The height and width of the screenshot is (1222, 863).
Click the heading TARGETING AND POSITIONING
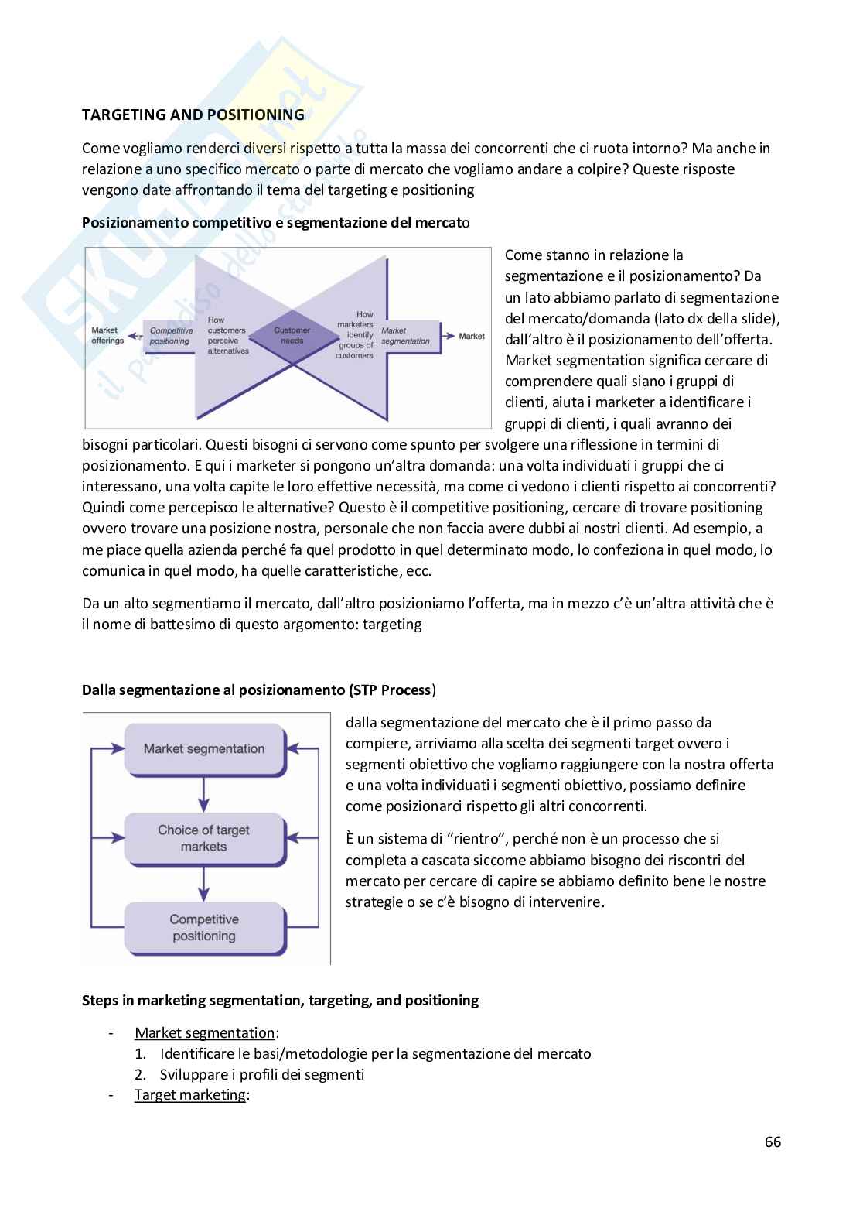click(x=193, y=115)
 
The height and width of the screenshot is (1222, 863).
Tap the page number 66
click(x=773, y=1142)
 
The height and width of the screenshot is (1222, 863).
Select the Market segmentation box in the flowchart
click(x=204, y=749)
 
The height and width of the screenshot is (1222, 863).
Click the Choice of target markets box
click(x=204, y=838)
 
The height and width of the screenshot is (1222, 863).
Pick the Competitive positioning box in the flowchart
click(x=204, y=927)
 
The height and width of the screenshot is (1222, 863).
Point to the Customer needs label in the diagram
click(x=292, y=335)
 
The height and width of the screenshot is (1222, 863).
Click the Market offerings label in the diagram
click(x=107, y=335)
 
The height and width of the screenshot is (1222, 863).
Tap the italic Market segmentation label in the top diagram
click(x=405, y=335)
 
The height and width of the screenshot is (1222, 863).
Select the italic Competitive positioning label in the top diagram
click(x=170, y=335)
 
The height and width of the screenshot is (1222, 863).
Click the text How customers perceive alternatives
click(x=228, y=335)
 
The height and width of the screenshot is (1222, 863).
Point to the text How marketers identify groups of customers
click(x=355, y=335)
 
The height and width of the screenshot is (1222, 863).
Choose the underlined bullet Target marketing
click(x=189, y=1095)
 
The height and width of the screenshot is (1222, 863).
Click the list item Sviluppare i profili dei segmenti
click(x=261, y=1074)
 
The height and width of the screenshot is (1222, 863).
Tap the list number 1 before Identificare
click(x=140, y=1053)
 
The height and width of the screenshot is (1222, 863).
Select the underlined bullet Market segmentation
click(x=204, y=1032)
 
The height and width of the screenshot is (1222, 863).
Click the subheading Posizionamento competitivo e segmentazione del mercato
click(x=275, y=222)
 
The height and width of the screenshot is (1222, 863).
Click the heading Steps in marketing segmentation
click(x=280, y=1000)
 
